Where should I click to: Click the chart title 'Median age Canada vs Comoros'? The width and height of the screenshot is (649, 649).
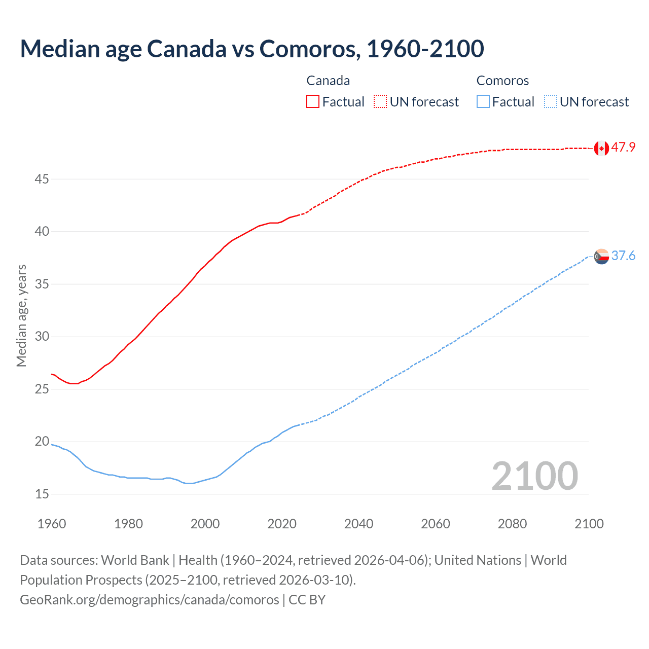click(252, 49)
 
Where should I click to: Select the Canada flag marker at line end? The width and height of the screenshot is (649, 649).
click(601, 148)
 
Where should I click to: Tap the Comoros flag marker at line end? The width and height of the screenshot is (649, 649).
click(601, 257)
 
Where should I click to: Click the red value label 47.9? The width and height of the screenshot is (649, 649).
click(623, 148)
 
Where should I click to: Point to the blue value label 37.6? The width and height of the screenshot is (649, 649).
click(623, 256)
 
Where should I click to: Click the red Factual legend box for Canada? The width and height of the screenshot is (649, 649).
click(313, 101)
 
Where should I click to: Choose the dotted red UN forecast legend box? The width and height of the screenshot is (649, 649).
click(380, 101)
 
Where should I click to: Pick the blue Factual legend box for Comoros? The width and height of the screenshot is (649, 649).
click(483, 101)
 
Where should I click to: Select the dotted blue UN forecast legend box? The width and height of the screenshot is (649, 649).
click(550, 101)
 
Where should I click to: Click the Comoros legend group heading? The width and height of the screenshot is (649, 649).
click(502, 81)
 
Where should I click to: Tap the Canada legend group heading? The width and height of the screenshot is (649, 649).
click(328, 81)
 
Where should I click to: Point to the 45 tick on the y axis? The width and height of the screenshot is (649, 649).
click(42, 179)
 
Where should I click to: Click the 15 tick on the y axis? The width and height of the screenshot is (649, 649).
click(42, 494)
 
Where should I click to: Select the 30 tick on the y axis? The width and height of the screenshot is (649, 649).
click(42, 337)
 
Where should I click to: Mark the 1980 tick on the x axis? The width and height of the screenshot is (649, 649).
click(128, 524)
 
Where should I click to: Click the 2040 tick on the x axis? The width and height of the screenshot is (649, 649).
click(358, 524)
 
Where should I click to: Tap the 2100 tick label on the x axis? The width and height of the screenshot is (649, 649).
click(589, 524)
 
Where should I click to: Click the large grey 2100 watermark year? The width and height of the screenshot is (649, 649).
click(534, 476)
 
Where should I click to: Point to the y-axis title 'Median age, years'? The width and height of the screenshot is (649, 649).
click(21, 315)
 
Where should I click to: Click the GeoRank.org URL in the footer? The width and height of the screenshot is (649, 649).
click(150, 600)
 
